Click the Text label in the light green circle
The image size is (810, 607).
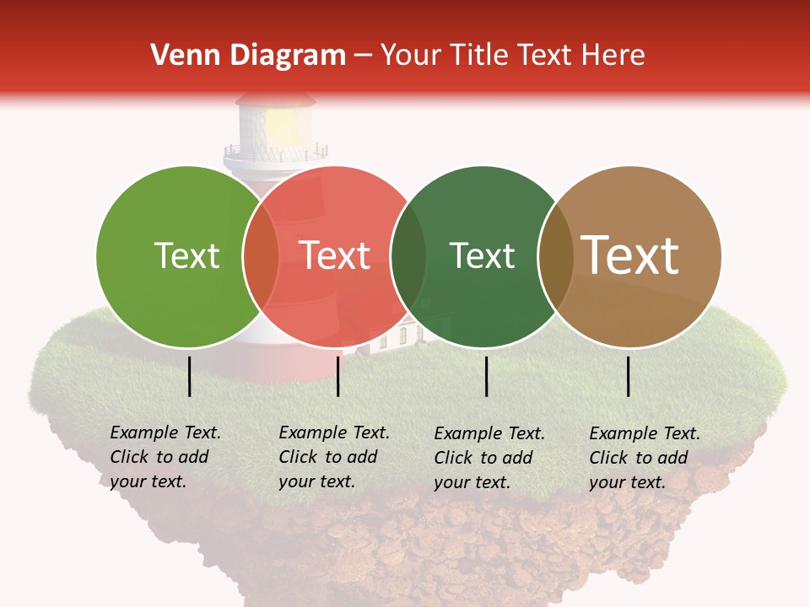click(x=186, y=255)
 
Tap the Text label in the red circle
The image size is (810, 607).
click(x=335, y=255)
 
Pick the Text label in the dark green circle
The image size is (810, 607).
click(x=482, y=255)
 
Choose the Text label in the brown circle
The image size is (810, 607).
click(x=630, y=255)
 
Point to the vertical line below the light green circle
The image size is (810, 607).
click(x=189, y=376)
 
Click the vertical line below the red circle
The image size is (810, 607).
click(x=337, y=376)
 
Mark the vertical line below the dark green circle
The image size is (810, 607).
click(x=487, y=376)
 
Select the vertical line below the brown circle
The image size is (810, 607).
click(x=629, y=376)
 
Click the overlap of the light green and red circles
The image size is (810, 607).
click(x=261, y=256)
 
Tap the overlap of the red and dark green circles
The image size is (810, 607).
click(x=408, y=256)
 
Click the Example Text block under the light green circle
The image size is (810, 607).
click(x=165, y=457)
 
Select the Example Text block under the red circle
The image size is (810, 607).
click(x=334, y=457)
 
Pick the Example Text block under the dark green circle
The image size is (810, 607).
click(x=489, y=458)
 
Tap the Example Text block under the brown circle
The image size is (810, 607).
click(x=645, y=458)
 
